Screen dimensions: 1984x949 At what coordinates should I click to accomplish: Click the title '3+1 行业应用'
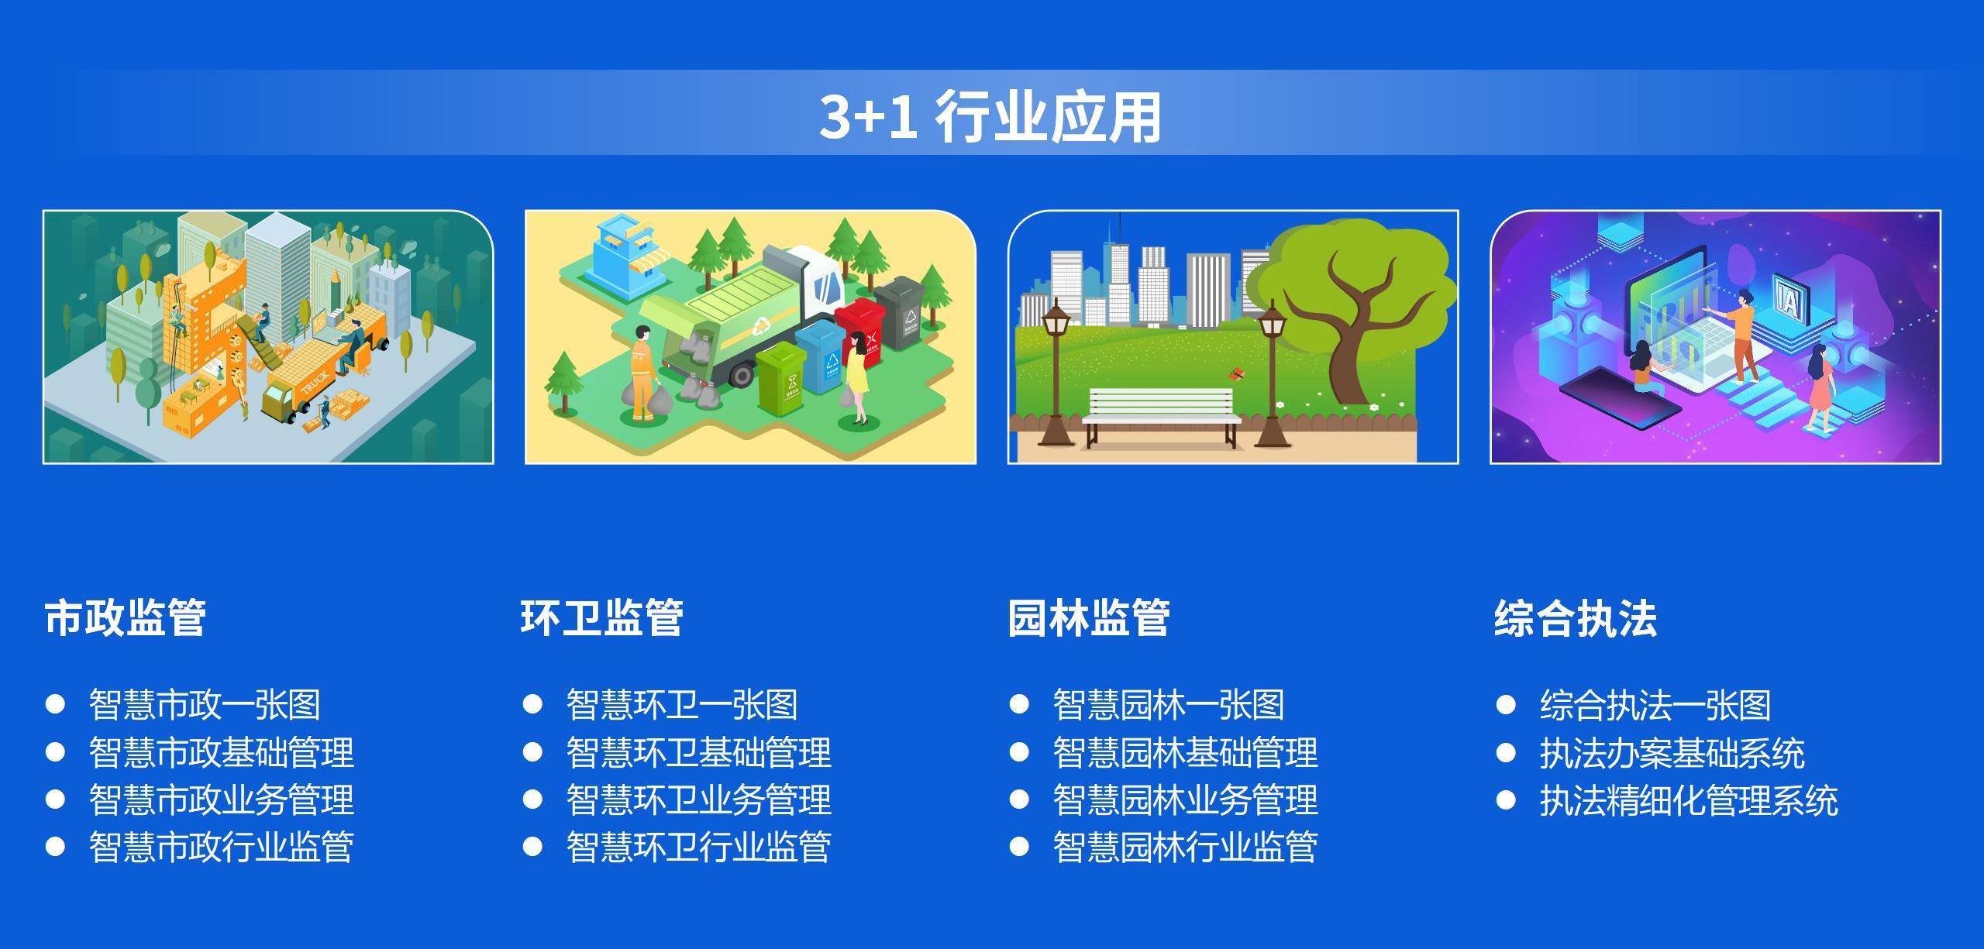[990, 117]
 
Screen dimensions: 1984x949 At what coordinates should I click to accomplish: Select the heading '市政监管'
[125, 618]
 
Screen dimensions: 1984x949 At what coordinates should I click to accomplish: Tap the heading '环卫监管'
[601, 618]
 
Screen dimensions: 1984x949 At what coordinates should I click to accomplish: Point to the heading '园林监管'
[1088, 618]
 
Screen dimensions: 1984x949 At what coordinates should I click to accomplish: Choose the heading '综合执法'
[1575, 618]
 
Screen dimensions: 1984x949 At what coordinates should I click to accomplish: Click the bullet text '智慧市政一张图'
[205, 705]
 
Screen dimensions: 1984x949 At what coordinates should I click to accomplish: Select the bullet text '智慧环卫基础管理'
[698, 752]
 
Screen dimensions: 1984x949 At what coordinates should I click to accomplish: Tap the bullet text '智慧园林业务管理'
[1185, 799]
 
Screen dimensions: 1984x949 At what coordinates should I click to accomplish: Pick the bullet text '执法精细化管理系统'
[1689, 799]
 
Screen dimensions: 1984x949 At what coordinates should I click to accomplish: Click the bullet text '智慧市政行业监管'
[221, 847]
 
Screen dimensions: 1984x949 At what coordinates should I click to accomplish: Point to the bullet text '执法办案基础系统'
[1672, 752]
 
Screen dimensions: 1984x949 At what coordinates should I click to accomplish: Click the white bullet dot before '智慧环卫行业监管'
[532, 847]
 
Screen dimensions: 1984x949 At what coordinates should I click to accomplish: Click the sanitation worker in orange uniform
[644, 373]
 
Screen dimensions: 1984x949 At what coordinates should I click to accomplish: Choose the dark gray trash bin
[903, 313]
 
